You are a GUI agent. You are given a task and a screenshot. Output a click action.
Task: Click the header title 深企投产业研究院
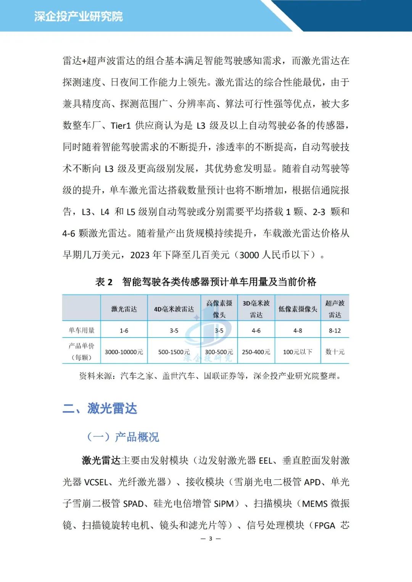(78, 16)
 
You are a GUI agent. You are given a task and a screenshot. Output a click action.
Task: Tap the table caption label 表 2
(104, 282)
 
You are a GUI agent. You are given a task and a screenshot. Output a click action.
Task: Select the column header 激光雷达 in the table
(124, 309)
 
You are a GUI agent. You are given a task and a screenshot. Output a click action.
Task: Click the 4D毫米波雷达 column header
(174, 309)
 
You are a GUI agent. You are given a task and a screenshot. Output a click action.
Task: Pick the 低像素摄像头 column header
(298, 309)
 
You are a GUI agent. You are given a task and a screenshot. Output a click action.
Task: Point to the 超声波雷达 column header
(335, 309)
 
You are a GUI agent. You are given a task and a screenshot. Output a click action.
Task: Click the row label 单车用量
(82, 330)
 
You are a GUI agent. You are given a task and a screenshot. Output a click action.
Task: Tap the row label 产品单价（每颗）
(82, 351)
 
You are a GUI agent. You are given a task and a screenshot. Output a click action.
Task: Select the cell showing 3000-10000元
(124, 352)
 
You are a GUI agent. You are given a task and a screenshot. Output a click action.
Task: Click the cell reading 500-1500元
(174, 352)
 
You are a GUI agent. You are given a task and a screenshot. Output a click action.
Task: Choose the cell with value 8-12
(335, 331)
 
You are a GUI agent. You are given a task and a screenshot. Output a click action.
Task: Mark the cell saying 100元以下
(298, 352)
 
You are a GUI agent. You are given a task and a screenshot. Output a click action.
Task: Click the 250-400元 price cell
(256, 352)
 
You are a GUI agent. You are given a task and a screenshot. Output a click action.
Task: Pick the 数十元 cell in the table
(335, 352)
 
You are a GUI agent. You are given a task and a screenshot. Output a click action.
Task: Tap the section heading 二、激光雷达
(100, 408)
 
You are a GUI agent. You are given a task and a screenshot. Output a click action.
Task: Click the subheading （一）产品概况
(123, 437)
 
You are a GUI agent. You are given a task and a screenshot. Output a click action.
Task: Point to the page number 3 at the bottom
(210, 539)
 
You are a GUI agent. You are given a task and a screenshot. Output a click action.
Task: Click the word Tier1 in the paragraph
(121, 125)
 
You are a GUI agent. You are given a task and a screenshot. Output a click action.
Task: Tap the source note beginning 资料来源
(210, 376)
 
